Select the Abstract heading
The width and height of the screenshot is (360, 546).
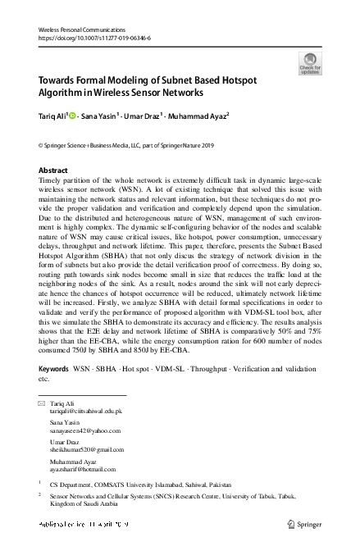(53, 170)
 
